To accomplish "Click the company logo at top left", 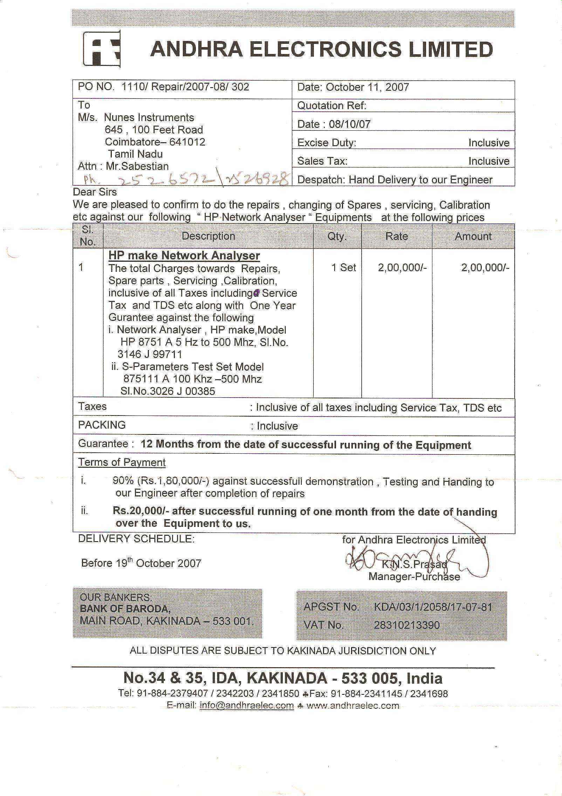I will [102, 49].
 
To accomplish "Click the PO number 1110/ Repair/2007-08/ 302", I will [185, 87].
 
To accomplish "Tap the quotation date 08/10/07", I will [349, 124].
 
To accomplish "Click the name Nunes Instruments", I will [149, 117].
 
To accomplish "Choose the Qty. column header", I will [337, 236].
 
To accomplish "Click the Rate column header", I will [396, 236].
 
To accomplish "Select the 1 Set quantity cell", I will [343, 268].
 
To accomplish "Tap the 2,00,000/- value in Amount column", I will [485, 268].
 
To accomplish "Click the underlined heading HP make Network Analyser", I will [184, 255].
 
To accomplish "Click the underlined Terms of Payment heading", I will [122, 462].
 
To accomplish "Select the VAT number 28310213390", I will [406, 625].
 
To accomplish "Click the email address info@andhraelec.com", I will [247, 705].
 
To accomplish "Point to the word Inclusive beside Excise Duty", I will [489, 143].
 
